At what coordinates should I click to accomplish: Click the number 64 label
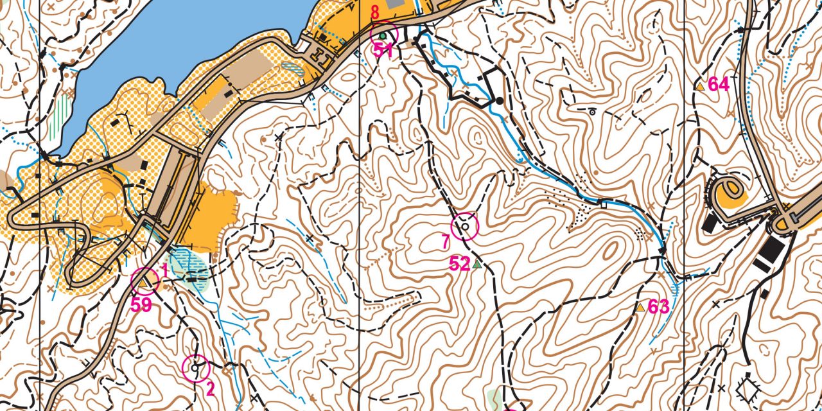click(x=719, y=84)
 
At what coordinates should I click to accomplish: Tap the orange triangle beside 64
click(x=700, y=85)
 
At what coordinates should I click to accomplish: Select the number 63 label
click(x=658, y=307)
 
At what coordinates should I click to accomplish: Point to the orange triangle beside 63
click(x=640, y=308)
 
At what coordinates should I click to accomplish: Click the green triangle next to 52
click(x=477, y=263)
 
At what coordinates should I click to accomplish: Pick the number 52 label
click(x=460, y=264)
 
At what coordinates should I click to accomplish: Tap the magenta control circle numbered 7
click(x=465, y=227)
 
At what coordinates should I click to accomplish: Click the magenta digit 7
click(x=445, y=241)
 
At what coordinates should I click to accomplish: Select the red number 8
click(x=375, y=12)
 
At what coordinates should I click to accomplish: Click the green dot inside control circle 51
click(x=383, y=35)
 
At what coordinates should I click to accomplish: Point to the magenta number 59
click(x=141, y=305)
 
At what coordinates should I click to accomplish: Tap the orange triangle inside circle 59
click(x=144, y=281)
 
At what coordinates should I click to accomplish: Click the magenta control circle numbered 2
click(x=196, y=368)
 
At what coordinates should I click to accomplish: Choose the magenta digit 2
click(x=210, y=389)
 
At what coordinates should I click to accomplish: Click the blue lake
click(x=180, y=39)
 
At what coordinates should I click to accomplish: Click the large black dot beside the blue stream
click(x=499, y=101)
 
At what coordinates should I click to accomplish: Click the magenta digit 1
click(x=164, y=270)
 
